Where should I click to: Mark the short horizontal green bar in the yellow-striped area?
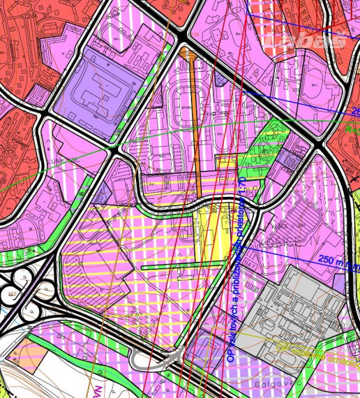[167, 267]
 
